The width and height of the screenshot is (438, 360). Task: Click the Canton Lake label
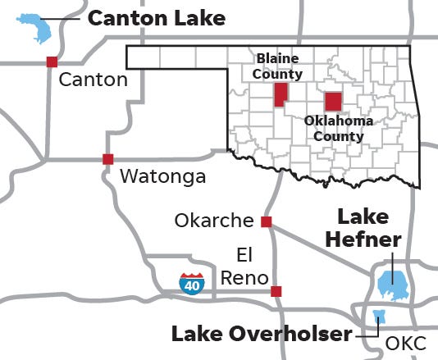coord(156,18)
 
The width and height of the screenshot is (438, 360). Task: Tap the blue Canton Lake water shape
coord(37,29)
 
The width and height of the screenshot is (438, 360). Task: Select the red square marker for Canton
coord(52,62)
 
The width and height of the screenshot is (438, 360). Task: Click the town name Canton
coord(94,80)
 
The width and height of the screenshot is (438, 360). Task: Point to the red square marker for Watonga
coord(107,159)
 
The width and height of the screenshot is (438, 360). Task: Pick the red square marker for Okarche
coord(266,221)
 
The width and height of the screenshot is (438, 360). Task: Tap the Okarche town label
coord(215,221)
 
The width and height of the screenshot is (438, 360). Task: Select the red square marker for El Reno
coord(276,291)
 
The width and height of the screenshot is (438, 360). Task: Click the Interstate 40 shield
coord(192,284)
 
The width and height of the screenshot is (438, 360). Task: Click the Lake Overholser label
coord(261,334)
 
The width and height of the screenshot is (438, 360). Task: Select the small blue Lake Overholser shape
coord(379,317)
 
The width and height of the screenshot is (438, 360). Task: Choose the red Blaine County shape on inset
coord(281,94)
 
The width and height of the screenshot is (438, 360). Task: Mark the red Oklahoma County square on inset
coord(333,102)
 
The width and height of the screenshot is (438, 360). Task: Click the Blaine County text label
coord(278,66)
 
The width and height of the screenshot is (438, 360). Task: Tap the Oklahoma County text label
coord(338,129)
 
